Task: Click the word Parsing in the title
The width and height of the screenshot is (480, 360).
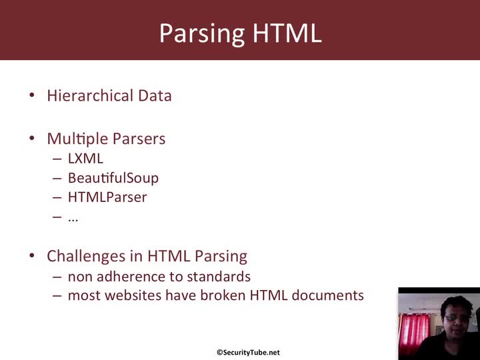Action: [x=202, y=34]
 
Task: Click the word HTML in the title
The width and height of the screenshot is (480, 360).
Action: [x=287, y=33]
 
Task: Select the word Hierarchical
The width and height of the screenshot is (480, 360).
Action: [x=90, y=95]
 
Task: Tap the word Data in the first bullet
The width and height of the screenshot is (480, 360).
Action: [x=155, y=95]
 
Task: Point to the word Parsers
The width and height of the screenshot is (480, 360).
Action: [x=139, y=139]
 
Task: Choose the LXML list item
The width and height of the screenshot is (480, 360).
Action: [x=85, y=159]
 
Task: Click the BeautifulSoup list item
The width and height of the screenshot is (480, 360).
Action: [x=113, y=178]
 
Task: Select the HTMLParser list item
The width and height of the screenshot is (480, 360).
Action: [x=107, y=197]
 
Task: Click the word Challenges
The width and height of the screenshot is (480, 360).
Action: [x=86, y=256]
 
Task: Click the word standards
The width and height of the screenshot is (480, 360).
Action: [x=219, y=277]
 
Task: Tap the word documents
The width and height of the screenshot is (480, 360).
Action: [x=328, y=295]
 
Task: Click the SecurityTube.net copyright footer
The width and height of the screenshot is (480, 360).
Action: [x=248, y=353]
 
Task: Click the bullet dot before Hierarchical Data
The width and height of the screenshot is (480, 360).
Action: [x=32, y=95]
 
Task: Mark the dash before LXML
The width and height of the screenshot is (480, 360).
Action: [x=57, y=159]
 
